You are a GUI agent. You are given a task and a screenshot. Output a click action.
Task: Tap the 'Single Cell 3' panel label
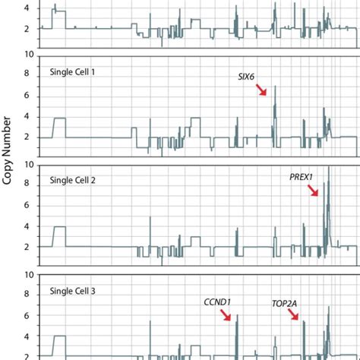(x=77, y=291)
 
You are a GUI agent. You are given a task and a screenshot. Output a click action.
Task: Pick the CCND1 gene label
(x=217, y=302)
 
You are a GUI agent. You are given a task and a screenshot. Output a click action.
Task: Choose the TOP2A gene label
(x=286, y=302)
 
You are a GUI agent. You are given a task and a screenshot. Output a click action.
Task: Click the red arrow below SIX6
(x=262, y=90)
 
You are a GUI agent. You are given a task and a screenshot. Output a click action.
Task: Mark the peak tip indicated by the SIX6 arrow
(x=275, y=87)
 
